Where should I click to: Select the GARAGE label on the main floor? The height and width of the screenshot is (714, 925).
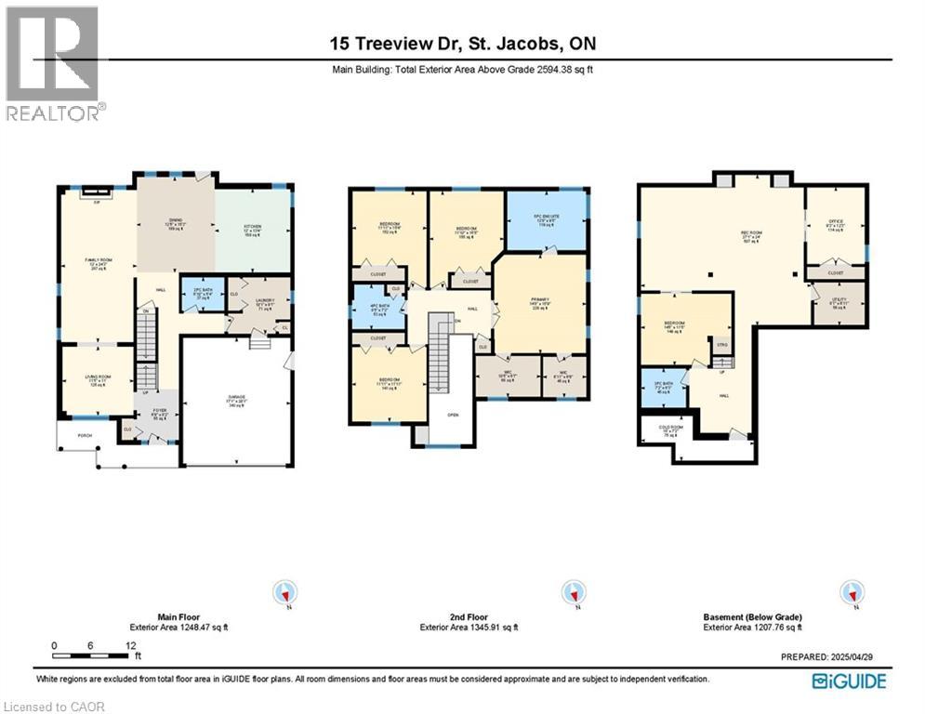pyautogui.click(x=236, y=402)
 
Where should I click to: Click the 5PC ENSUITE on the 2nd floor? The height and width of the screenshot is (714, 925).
pyautogui.click(x=548, y=222)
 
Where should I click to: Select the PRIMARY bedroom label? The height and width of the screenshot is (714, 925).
pyautogui.click(x=540, y=303)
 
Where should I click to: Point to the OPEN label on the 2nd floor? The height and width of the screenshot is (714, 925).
pyautogui.click(x=453, y=416)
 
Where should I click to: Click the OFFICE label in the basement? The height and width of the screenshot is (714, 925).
pyautogui.click(x=835, y=224)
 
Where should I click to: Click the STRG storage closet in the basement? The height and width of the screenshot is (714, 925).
pyautogui.click(x=720, y=346)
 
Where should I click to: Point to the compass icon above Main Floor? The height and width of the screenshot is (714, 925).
pyautogui.click(x=286, y=592)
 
